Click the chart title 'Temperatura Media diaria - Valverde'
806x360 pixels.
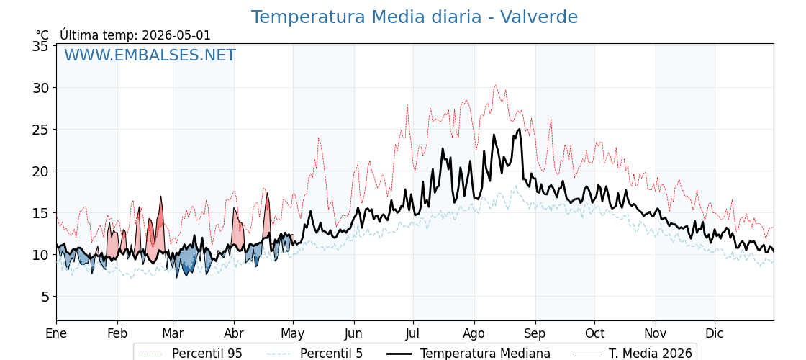pyautogui.click(x=415, y=17)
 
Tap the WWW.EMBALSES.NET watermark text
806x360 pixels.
pyautogui.click(x=150, y=55)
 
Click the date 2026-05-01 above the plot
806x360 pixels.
pyautogui.click(x=176, y=35)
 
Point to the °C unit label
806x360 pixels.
pyautogui.click(x=42, y=35)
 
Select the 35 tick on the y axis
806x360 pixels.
pyautogui.click(x=40, y=46)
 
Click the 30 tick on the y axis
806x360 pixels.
pyautogui.click(x=40, y=88)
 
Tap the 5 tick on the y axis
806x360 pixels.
pyautogui.click(x=45, y=297)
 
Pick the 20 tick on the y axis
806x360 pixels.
pyautogui.click(x=40, y=171)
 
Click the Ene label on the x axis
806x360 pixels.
pyautogui.click(x=56, y=333)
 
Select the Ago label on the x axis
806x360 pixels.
pyautogui.click(x=474, y=333)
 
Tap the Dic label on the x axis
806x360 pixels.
pyautogui.click(x=715, y=333)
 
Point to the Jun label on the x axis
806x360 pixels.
pyautogui.click(x=353, y=333)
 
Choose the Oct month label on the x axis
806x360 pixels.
pyautogui.click(x=595, y=333)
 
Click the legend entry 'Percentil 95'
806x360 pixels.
pyautogui.click(x=207, y=354)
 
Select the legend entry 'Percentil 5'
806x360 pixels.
pyautogui.click(x=332, y=354)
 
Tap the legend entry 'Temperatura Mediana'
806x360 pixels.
pyautogui.click(x=485, y=354)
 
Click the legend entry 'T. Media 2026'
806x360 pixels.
pyautogui.click(x=651, y=354)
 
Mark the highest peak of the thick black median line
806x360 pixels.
pyautogui.click(x=520, y=129)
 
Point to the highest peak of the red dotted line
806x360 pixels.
pyautogui.click(x=496, y=86)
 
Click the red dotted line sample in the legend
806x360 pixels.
pyautogui.click(x=150, y=354)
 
